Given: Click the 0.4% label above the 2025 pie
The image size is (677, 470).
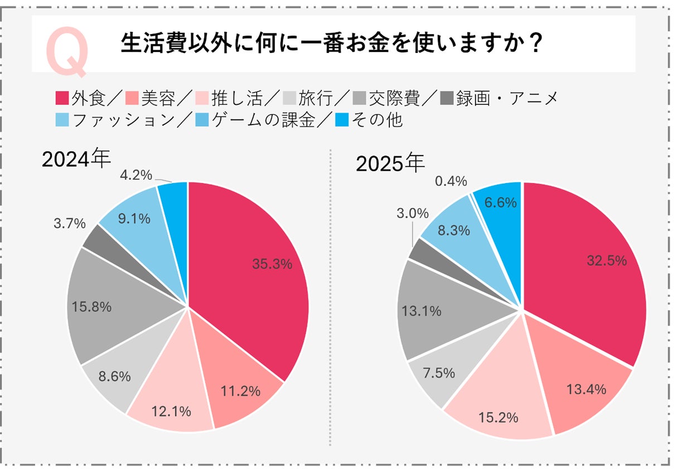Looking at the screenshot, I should click(451, 181).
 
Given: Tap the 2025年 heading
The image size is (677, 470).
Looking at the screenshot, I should click(390, 164).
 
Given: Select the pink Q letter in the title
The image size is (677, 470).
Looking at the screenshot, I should click(67, 51).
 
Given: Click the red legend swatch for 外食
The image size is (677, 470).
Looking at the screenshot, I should click(62, 99).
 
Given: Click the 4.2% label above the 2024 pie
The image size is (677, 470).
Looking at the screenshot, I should click(136, 175).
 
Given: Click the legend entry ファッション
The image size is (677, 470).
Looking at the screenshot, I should click(124, 119).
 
